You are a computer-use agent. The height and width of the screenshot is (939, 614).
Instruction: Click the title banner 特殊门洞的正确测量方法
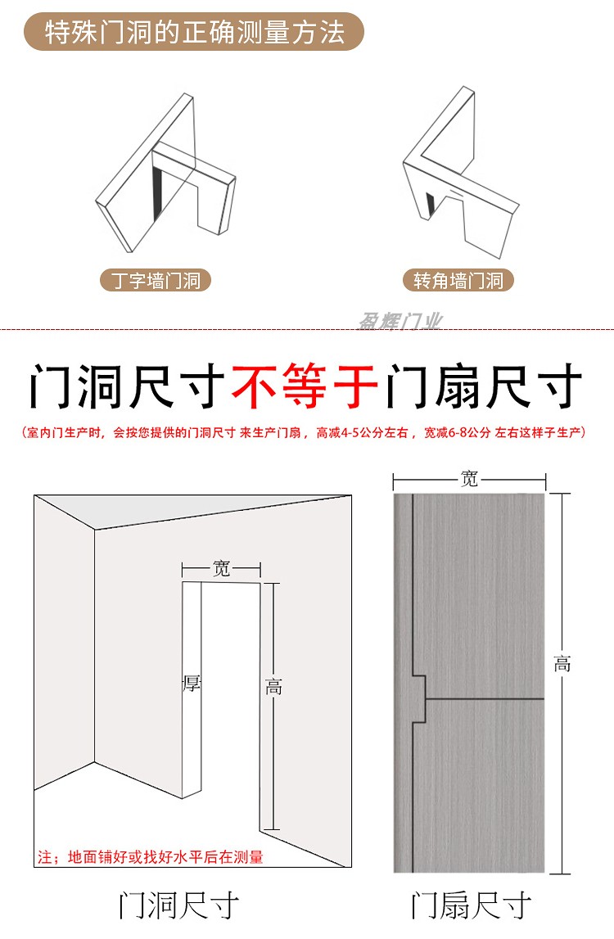[x=194, y=33]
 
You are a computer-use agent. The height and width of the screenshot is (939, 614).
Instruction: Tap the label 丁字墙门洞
[x=156, y=281]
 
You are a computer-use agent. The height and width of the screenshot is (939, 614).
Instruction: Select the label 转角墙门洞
[x=458, y=281]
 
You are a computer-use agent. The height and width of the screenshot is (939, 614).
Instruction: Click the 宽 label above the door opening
[x=222, y=569]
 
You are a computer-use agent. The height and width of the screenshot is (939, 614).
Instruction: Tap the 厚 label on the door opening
[x=192, y=682]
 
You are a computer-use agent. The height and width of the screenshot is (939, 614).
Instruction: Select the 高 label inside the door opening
[x=273, y=687]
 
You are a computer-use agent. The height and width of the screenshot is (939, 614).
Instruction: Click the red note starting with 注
[x=151, y=857]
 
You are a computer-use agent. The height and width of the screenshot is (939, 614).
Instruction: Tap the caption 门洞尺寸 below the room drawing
[x=179, y=905]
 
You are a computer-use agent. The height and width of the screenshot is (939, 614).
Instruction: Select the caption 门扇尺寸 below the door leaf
[x=472, y=905]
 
